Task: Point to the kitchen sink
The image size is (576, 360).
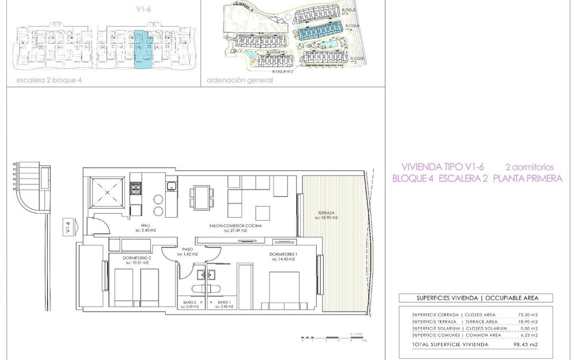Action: coord(171,186)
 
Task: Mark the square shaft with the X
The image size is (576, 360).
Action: coord(106,191)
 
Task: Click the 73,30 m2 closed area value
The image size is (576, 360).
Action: coord(527,314)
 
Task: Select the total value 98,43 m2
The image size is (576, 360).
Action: coord(527,344)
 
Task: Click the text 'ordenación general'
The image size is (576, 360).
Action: coord(239,81)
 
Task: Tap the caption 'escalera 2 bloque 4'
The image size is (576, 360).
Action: coord(49,81)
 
